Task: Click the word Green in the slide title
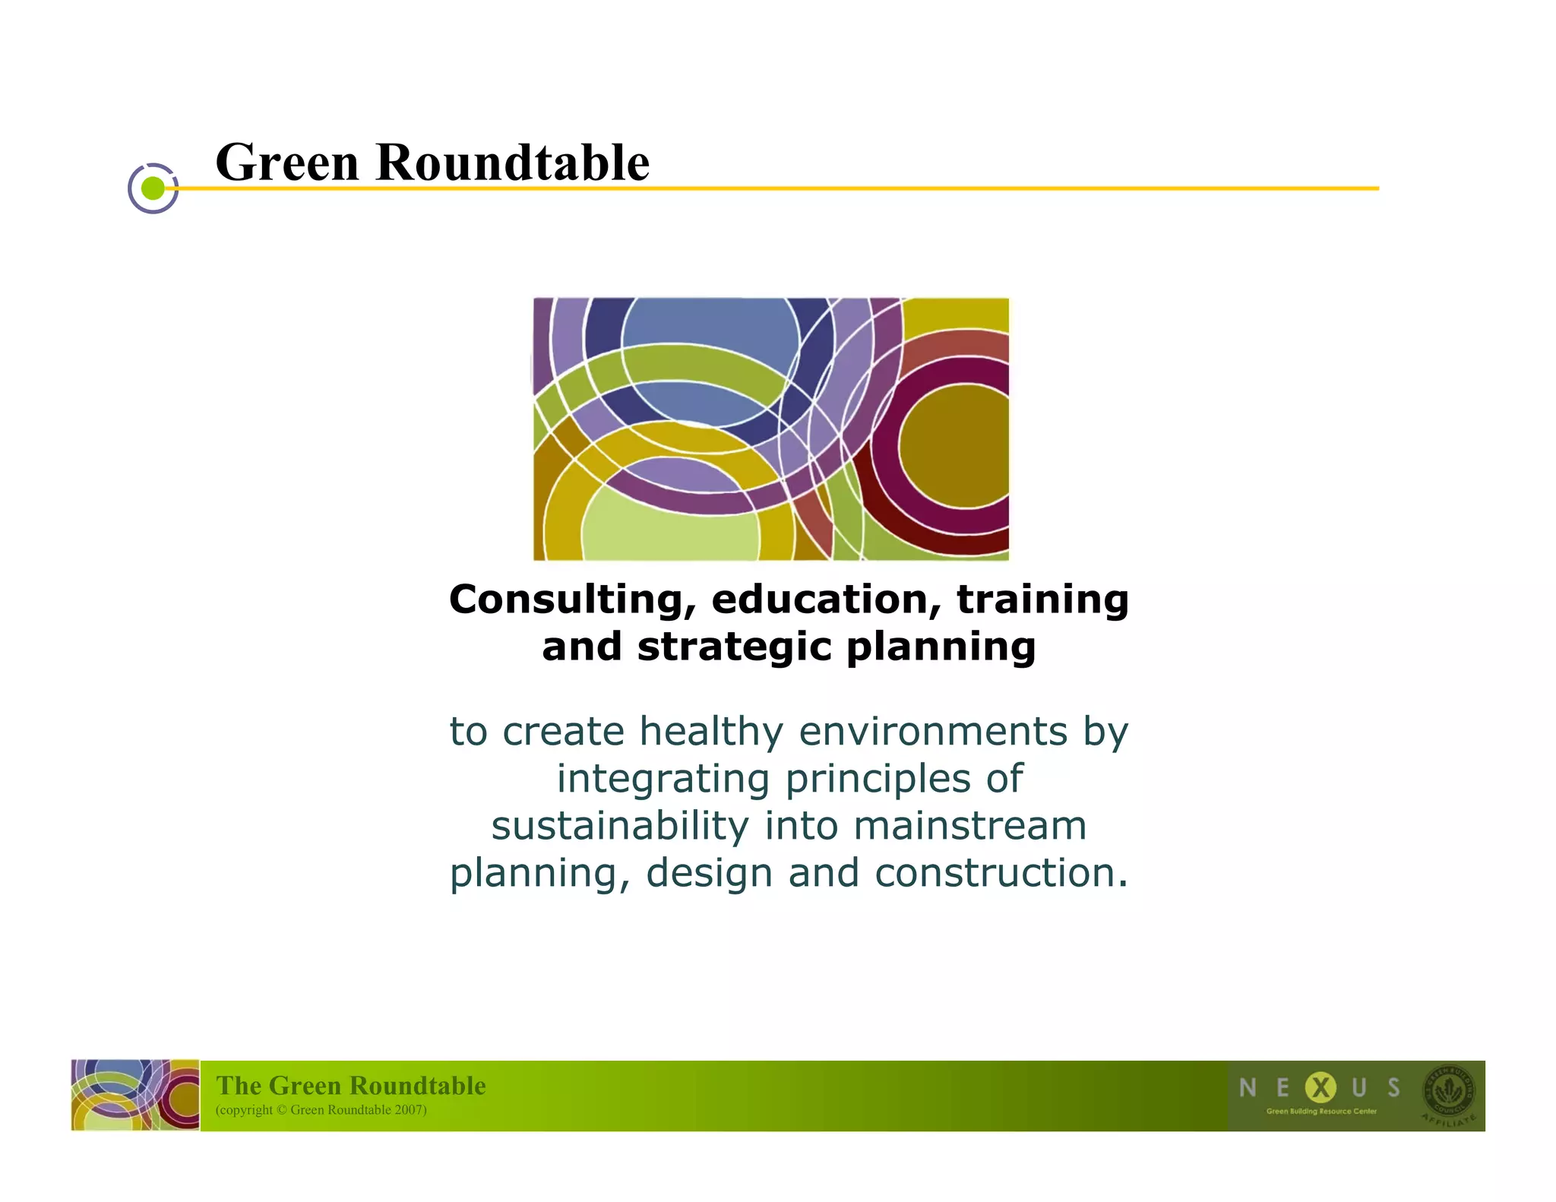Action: click(286, 163)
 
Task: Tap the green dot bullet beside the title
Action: click(153, 188)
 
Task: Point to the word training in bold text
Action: click(1042, 599)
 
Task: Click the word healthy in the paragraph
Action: click(710, 732)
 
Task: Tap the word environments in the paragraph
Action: click(933, 732)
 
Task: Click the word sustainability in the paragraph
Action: click(619, 826)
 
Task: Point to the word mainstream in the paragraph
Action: click(969, 826)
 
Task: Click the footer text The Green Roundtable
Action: click(350, 1086)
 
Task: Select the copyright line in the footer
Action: click(321, 1110)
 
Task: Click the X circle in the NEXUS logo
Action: click(1320, 1088)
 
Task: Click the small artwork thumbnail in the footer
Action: click(135, 1095)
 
